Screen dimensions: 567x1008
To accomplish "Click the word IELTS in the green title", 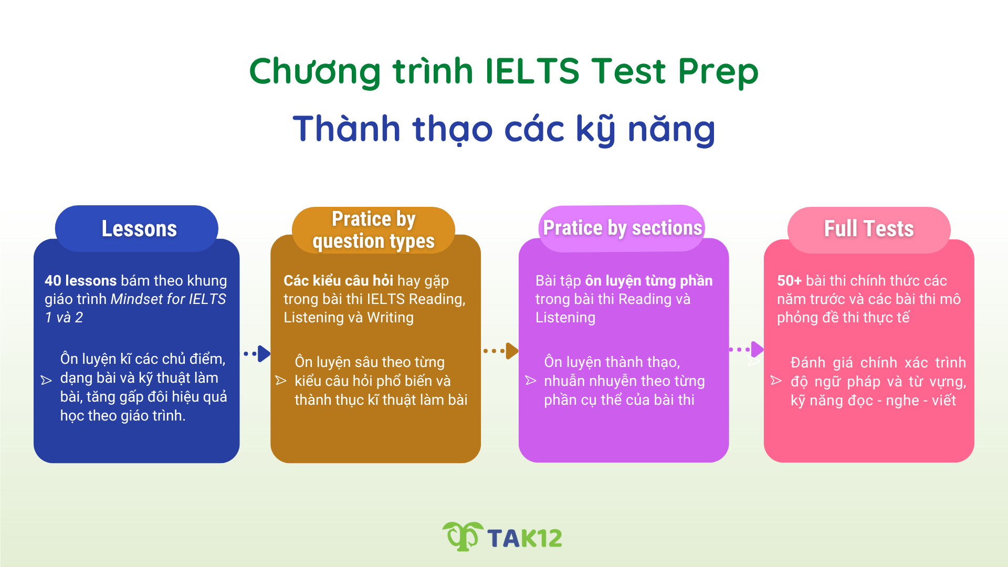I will click(x=532, y=71).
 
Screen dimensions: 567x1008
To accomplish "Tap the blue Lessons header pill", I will click(x=139, y=228).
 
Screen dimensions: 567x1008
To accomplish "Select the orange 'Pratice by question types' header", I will click(x=373, y=230).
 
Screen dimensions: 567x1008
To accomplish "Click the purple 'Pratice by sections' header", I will click(x=622, y=228).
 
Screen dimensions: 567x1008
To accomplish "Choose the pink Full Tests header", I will click(x=869, y=229).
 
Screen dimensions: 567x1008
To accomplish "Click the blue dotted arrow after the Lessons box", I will click(x=258, y=354).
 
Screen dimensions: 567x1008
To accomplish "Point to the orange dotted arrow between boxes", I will click(x=501, y=351).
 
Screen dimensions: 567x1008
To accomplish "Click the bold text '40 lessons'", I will click(x=80, y=280).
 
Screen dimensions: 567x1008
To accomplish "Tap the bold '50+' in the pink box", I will click(x=789, y=280).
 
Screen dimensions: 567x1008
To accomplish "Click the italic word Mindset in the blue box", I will click(x=136, y=299).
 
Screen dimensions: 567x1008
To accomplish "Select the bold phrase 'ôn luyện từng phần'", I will click(x=649, y=280).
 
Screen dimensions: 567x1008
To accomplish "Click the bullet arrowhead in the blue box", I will click(x=46, y=380).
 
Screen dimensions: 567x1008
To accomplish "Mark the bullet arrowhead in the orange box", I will click(x=281, y=380).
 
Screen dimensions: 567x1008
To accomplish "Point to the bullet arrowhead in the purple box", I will click(x=531, y=380).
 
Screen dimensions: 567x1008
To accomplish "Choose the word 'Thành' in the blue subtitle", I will click(x=346, y=129).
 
